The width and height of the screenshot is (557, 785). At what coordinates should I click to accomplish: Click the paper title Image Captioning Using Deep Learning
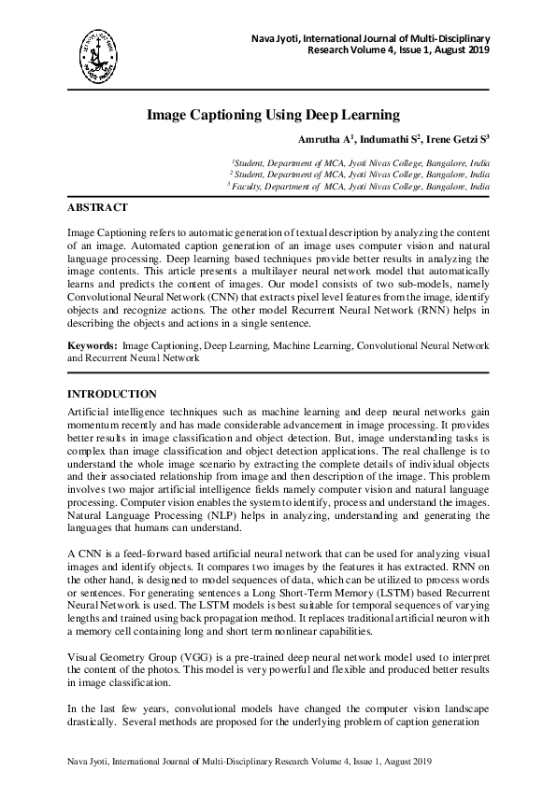tap(273, 116)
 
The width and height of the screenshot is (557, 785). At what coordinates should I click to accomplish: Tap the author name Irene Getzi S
tap(458, 140)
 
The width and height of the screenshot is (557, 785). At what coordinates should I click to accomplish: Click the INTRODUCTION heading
tap(112, 394)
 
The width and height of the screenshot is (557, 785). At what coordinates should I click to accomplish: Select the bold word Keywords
tap(92, 346)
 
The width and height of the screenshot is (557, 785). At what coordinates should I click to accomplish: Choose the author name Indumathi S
tap(388, 140)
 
